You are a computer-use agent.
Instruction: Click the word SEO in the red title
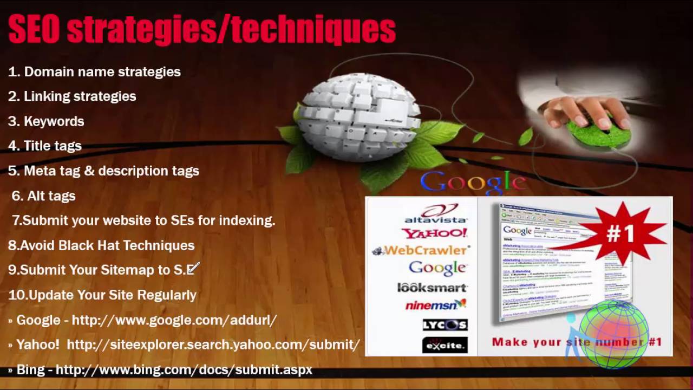(34, 30)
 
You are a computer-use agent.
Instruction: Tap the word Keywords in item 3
(54, 121)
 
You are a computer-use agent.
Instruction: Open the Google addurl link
(174, 320)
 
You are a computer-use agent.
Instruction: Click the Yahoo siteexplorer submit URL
(213, 344)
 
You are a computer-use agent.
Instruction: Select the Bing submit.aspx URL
(184, 370)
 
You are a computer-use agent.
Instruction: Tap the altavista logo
(436, 214)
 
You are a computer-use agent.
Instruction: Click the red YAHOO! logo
(434, 233)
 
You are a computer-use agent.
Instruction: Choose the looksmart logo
(432, 288)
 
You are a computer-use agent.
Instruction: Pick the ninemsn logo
(436, 305)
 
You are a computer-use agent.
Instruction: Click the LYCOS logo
(444, 324)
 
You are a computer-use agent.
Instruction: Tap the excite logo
(444, 344)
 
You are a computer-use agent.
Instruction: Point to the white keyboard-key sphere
(357, 116)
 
